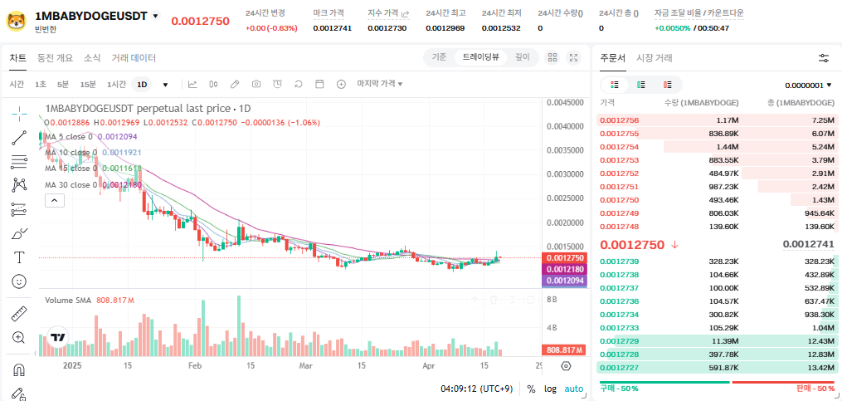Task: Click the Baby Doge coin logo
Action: pyautogui.click(x=15, y=19)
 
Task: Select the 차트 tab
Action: pyautogui.click(x=17, y=58)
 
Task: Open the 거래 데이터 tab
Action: pyautogui.click(x=134, y=58)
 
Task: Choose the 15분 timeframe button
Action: pyautogui.click(x=88, y=84)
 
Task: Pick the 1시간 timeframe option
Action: pyautogui.click(x=117, y=84)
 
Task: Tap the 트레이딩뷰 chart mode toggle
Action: pyautogui.click(x=481, y=57)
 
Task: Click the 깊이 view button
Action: pyautogui.click(x=522, y=57)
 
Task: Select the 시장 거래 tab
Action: pyautogui.click(x=655, y=58)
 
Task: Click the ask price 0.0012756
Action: pyautogui.click(x=619, y=120)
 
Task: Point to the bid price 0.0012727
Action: pyautogui.click(x=619, y=368)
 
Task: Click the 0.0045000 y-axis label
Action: pyautogui.click(x=564, y=103)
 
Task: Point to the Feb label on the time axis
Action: pyautogui.click(x=195, y=365)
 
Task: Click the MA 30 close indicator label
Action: pyautogui.click(x=71, y=184)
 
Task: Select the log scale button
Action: pyautogui.click(x=550, y=389)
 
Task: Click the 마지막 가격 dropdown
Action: pyautogui.click(x=380, y=84)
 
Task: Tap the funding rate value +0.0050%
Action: pyautogui.click(x=672, y=28)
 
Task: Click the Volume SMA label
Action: pyautogui.click(x=69, y=300)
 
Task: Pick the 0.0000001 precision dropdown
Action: pyautogui.click(x=808, y=85)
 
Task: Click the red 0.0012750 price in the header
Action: pyautogui.click(x=200, y=21)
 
